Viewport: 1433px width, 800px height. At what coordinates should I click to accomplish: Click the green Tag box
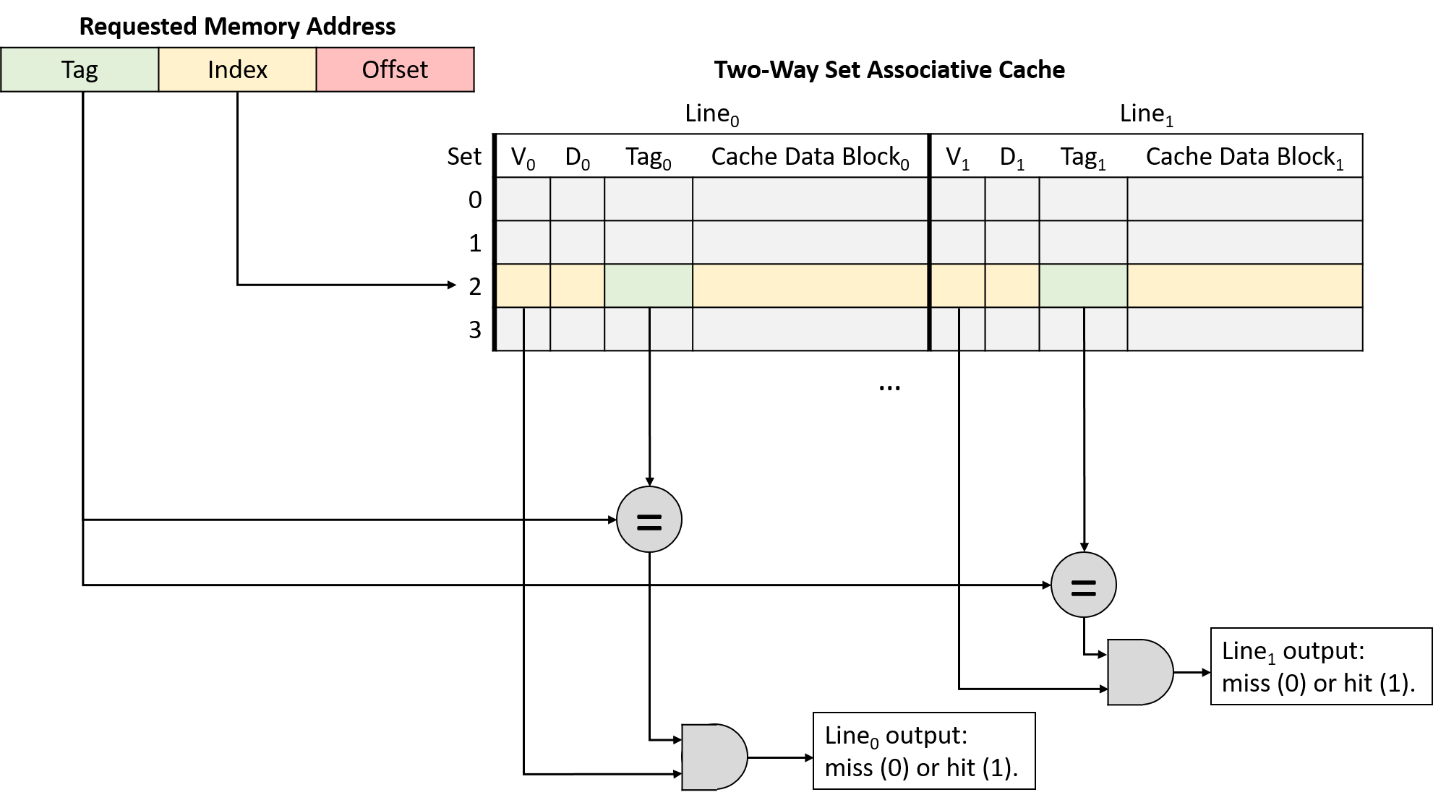pos(80,69)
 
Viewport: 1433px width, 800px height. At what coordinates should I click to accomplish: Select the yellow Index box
pos(237,69)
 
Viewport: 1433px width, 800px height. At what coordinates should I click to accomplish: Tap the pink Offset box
pos(395,69)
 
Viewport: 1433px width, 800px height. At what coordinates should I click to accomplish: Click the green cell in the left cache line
pos(648,285)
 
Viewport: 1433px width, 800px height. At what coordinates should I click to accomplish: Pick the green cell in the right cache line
pos(1083,285)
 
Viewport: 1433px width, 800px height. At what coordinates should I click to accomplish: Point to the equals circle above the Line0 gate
pos(649,520)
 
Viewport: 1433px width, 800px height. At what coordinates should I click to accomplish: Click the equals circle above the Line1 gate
pos(1083,585)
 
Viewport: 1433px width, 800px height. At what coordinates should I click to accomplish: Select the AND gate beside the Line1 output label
pos(1139,672)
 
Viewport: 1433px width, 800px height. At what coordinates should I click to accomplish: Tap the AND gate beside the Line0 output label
pos(713,757)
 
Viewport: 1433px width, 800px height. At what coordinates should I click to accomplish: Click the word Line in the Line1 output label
pos(1244,651)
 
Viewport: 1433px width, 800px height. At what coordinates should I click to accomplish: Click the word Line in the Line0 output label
pos(847,736)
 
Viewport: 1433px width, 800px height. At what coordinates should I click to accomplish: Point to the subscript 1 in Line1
pos(1272,659)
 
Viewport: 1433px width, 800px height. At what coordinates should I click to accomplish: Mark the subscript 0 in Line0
pos(874,744)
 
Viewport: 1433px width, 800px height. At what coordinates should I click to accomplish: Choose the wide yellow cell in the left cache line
pos(810,285)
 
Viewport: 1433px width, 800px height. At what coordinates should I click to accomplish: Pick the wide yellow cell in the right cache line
pos(1244,285)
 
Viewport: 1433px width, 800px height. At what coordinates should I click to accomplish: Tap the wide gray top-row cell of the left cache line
pos(810,199)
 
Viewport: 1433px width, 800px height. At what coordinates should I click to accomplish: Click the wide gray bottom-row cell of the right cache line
pos(1244,329)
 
